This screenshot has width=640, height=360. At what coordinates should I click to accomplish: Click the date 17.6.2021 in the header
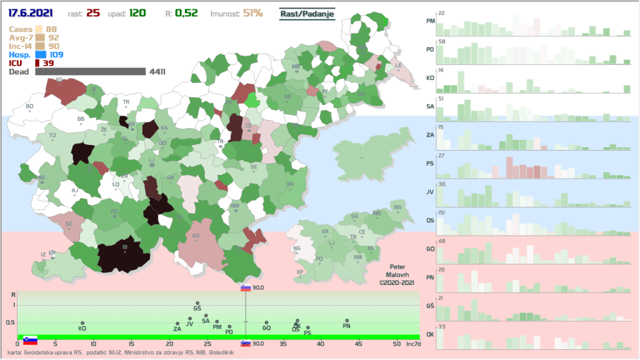coord(30,13)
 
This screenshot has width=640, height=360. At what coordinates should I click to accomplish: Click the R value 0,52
coord(200,13)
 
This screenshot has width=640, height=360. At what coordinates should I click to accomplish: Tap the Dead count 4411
coord(157,72)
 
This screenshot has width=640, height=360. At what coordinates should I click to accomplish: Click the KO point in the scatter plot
coord(82,323)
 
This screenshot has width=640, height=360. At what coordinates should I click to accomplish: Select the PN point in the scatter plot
coord(347,321)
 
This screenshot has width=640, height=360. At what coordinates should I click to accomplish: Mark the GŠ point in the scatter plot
coord(197,303)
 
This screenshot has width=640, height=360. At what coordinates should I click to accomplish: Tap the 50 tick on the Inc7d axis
coord(396,344)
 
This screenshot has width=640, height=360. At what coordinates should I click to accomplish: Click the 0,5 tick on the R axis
coord(10,322)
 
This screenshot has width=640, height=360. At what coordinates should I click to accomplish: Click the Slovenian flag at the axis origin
coord(30,340)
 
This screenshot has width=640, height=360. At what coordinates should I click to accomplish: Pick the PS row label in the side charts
coord(430,164)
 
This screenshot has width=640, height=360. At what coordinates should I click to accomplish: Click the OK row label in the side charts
coord(430,334)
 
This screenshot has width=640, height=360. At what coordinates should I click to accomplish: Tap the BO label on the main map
coord(29,106)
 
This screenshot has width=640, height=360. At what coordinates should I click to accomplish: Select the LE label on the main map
coord(399,65)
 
